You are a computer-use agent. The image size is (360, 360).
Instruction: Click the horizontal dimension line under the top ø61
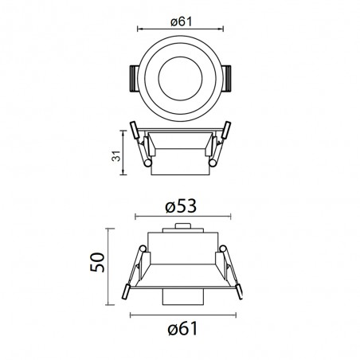point(180,29)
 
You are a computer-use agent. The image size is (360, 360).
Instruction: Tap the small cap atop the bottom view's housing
point(181,229)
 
